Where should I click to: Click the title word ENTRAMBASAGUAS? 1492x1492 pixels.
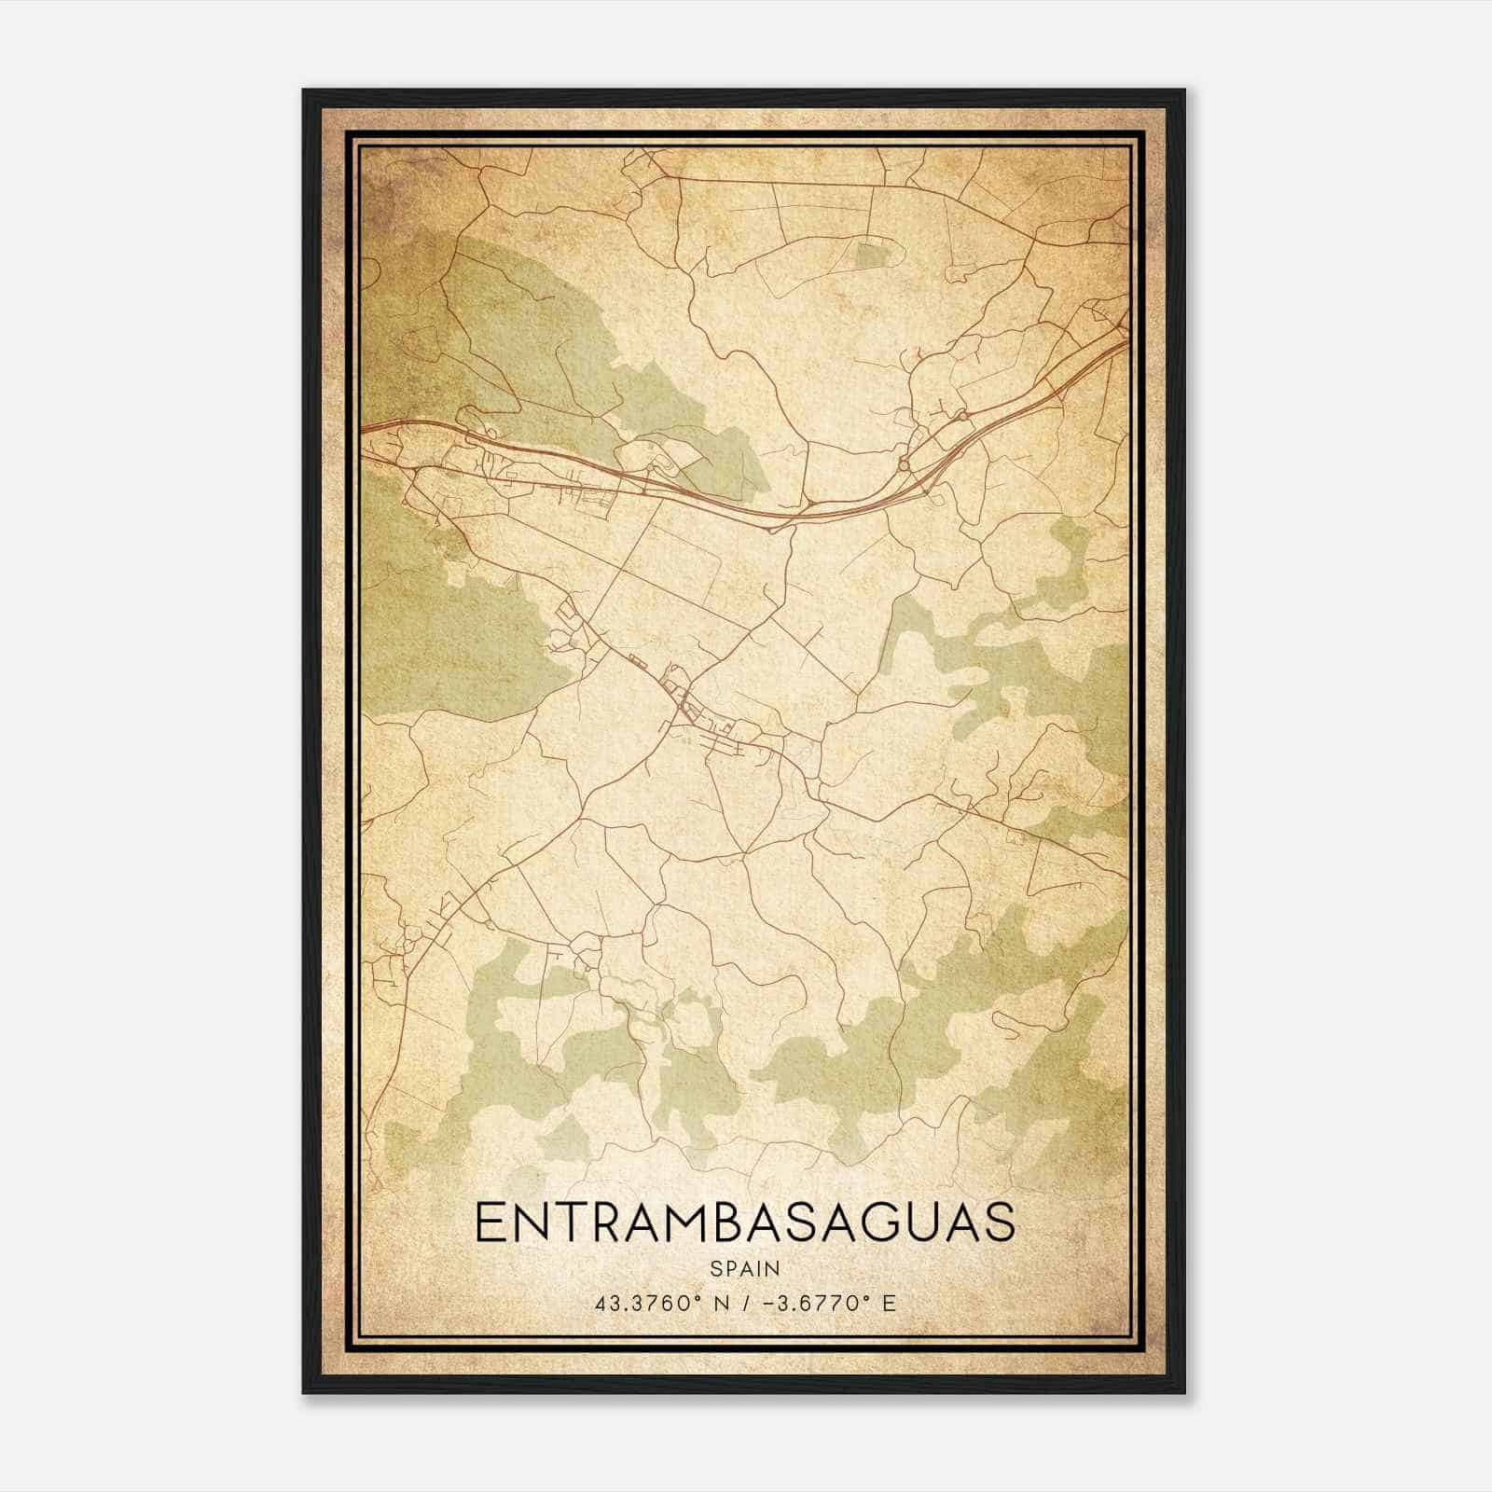(x=745, y=1223)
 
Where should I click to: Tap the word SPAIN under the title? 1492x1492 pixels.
(x=745, y=1269)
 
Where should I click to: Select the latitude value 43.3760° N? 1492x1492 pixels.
(x=657, y=1303)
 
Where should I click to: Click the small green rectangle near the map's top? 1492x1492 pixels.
(x=871, y=253)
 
